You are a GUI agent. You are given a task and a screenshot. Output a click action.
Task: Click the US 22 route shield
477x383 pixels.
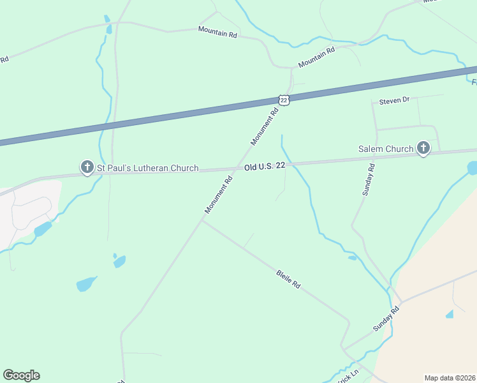284,100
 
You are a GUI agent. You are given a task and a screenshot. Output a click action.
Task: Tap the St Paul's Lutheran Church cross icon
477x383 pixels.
87,167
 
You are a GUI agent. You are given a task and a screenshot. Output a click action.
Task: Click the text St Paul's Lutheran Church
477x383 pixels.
147,169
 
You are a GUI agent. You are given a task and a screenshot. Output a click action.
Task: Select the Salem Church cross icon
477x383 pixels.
422,149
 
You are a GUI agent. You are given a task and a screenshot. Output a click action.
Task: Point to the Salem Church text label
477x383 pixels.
386,149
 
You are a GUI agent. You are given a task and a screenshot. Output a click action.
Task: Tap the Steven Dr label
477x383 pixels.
393,101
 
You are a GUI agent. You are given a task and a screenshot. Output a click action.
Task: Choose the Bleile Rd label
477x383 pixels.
288,279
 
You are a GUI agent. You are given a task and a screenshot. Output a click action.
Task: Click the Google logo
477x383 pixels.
21,375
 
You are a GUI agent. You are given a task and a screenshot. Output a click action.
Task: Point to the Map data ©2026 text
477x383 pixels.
450,377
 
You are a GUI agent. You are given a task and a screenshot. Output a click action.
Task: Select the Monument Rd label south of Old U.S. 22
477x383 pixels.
219,195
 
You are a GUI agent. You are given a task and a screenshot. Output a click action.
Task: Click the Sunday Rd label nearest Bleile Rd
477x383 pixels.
386,318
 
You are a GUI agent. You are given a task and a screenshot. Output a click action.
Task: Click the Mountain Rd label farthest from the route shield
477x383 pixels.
217,32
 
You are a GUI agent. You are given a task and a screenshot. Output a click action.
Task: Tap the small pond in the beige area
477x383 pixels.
450,313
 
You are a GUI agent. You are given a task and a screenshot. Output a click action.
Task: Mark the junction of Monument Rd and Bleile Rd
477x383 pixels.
202,220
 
